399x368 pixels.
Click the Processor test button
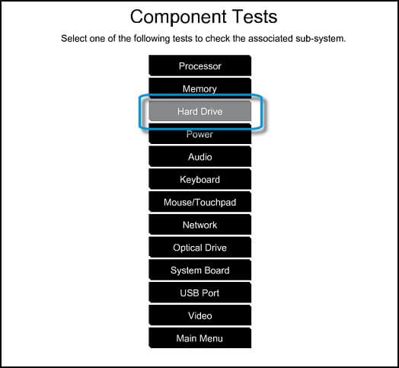(200, 66)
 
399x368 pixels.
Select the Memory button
(200, 88)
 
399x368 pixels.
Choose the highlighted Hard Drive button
(200, 111)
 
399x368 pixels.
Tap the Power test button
(200, 135)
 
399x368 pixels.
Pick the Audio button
(200, 157)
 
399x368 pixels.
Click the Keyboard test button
(200, 179)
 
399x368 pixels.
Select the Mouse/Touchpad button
(200, 202)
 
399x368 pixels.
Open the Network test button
(200, 225)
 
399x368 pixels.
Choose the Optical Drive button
(200, 248)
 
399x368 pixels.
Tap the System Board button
(200, 270)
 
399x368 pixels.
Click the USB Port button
(200, 293)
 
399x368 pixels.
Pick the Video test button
(200, 315)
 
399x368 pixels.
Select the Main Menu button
(200, 338)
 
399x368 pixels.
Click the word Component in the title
(178, 17)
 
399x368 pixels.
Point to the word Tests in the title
(255, 17)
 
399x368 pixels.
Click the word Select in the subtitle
(73, 38)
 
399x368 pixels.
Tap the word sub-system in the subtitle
(321, 39)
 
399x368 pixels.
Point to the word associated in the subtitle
(270, 38)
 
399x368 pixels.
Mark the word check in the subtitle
(217, 38)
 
